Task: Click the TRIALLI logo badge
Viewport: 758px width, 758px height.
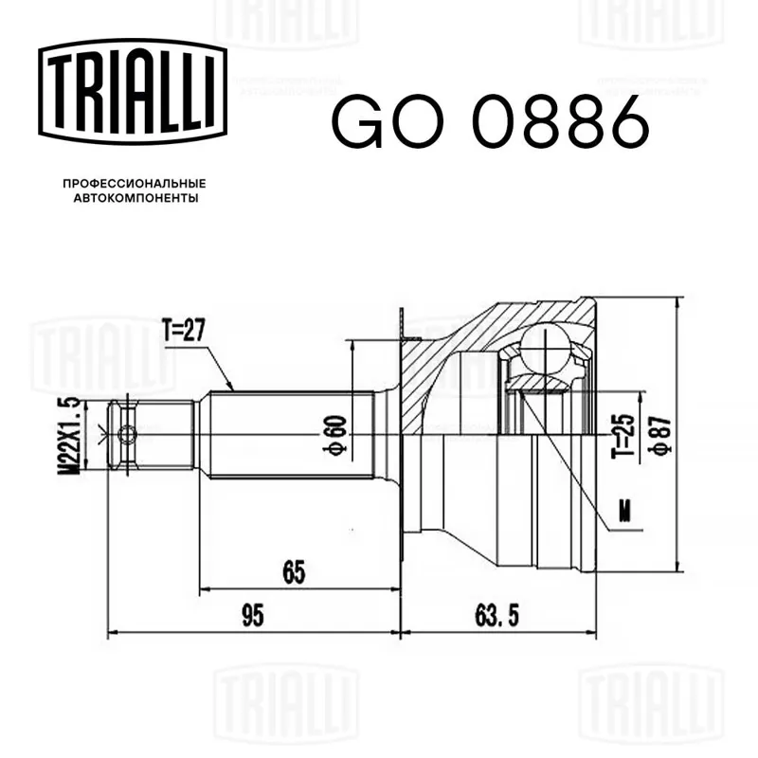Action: click(133, 92)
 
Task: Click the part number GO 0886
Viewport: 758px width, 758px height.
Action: click(491, 121)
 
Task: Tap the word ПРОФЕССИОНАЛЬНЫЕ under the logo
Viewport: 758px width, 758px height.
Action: click(135, 184)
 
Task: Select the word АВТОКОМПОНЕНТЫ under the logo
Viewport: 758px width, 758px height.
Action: click(135, 198)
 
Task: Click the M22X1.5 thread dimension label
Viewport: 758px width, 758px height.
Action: click(68, 435)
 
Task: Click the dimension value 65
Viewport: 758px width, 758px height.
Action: click(294, 572)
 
